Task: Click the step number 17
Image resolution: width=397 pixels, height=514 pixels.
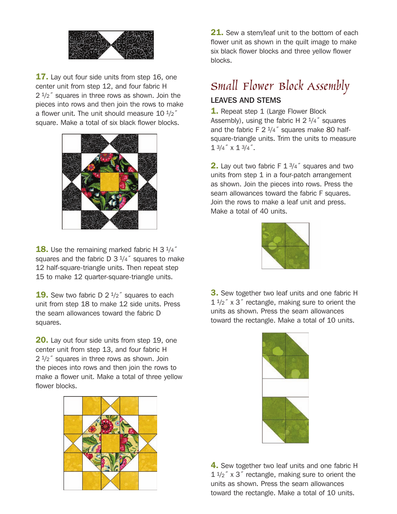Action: (x=42, y=77)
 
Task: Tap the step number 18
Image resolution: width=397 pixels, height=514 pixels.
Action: (x=42, y=249)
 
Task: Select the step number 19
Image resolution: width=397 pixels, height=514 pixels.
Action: (x=42, y=295)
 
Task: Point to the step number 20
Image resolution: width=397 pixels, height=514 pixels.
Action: (x=42, y=340)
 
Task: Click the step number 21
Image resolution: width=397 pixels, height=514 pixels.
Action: (x=217, y=33)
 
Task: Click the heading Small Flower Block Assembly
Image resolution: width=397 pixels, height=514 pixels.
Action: (x=280, y=86)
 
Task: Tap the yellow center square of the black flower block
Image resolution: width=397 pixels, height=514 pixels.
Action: (x=109, y=181)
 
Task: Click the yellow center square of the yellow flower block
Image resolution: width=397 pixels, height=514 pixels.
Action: (x=110, y=443)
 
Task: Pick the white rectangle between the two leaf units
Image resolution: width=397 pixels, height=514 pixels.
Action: (x=285, y=387)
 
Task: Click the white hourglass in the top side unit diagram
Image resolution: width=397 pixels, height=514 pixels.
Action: (x=111, y=45)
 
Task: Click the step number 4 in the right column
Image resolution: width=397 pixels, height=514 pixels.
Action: (x=214, y=465)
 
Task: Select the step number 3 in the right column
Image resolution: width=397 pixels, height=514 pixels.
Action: (x=214, y=293)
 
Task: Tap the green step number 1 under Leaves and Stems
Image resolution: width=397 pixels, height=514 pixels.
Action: (x=214, y=111)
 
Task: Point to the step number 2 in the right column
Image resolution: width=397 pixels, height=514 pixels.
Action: (x=214, y=166)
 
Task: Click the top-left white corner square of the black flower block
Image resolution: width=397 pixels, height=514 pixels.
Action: (x=71, y=143)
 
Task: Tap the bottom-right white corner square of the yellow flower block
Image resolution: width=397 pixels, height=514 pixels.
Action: (x=148, y=481)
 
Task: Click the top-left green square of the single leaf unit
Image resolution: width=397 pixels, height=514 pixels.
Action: (x=274, y=234)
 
